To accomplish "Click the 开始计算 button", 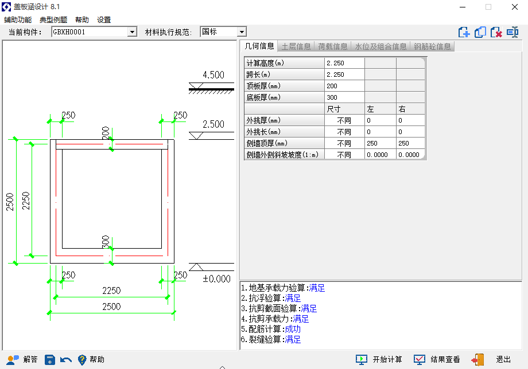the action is (x=379, y=360).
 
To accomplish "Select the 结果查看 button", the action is (x=437, y=360).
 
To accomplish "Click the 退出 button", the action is (x=491, y=360).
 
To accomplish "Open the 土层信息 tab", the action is (x=296, y=46).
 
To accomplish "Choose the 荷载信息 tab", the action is (x=333, y=46).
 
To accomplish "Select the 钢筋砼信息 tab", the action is (x=432, y=46).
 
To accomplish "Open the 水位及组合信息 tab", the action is (x=381, y=46).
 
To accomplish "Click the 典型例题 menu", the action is (x=53, y=20).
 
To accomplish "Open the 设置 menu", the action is (x=104, y=20).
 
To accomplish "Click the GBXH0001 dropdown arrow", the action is (x=133, y=32).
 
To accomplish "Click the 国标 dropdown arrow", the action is (x=242, y=32).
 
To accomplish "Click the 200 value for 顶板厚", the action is (x=344, y=86).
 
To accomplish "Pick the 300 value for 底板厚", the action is (x=344, y=97).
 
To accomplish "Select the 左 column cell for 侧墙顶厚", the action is (x=381, y=143).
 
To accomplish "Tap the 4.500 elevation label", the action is (x=213, y=74).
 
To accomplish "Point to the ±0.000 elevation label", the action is (x=216, y=278).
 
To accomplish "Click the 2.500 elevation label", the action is (x=213, y=124).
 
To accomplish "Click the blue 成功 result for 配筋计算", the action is (x=293, y=329).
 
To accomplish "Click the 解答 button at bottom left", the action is (x=22, y=360).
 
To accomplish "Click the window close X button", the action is (x=515, y=7).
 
